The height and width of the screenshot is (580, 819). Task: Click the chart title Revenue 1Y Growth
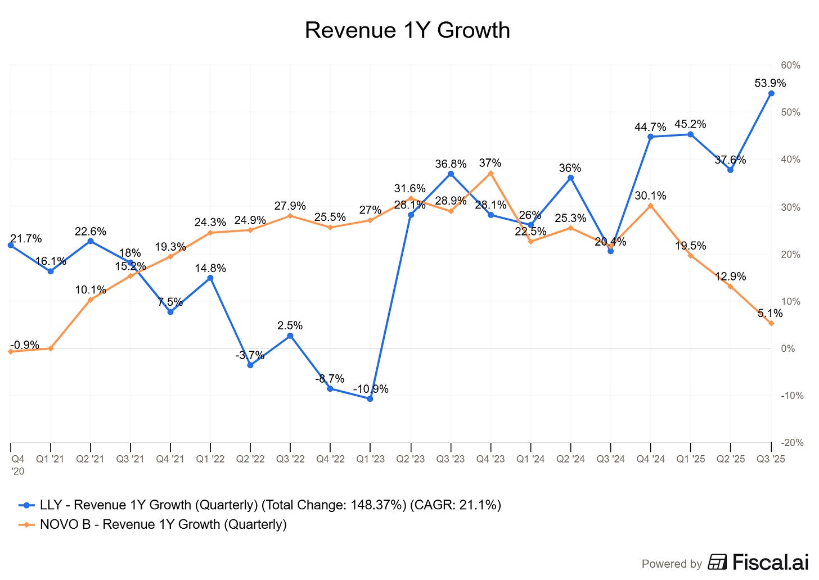tap(407, 30)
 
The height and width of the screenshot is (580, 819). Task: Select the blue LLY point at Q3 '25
tap(771, 93)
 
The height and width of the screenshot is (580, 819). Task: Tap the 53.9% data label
tap(770, 83)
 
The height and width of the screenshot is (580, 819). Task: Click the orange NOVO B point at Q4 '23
tap(490, 173)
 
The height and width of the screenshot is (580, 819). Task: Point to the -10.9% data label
tap(370, 389)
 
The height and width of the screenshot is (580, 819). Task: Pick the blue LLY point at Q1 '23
tap(370, 399)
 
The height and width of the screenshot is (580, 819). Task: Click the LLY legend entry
tap(259, 505)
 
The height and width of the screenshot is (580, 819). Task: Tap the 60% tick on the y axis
tap(790, 65)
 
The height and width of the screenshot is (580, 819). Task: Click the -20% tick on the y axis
tap(792, 443)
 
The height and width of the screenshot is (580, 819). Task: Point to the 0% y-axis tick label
tap(788, 348)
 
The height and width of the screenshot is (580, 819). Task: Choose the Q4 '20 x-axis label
tap(18, 464)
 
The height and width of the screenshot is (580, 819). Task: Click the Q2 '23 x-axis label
tap(411, 459)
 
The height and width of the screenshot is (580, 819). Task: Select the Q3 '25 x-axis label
tap(771, 459)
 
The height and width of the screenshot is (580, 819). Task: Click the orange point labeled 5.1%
tap(771, 323)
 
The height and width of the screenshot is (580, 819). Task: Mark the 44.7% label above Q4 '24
tap(650, 127)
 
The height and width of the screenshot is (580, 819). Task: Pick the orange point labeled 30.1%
tap(650, 206)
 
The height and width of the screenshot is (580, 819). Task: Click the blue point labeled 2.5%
tap(290, 336)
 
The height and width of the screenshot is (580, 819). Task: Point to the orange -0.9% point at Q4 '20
tap(11, 352)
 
